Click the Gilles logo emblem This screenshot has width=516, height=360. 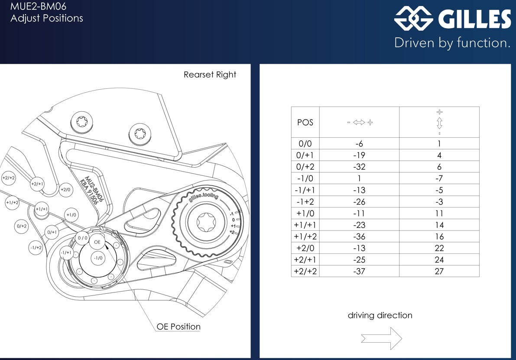click(413, 19)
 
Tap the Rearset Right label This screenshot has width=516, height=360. click(210, 75)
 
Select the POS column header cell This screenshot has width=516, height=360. click(305, 122)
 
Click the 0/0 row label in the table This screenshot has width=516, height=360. click(305, 144)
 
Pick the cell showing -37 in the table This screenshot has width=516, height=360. click(359, 271)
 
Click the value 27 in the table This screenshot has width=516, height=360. click(439, 271)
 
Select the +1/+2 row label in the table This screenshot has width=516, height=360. click(305, 237)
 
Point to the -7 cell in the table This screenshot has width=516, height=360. click(439, 178)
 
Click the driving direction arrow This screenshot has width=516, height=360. click(381, 338)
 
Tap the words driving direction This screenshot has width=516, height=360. click(380, 315)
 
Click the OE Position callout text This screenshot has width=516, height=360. click(178, 327)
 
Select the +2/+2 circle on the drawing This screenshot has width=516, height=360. click(9, 178)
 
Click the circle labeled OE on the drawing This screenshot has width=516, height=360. click(97, 242)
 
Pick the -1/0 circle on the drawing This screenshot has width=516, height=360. click(98, 258)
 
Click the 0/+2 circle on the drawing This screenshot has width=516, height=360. click(22, 226)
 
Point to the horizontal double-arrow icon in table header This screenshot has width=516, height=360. click(359, 123)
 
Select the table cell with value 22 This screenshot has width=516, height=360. click(439, 248)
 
